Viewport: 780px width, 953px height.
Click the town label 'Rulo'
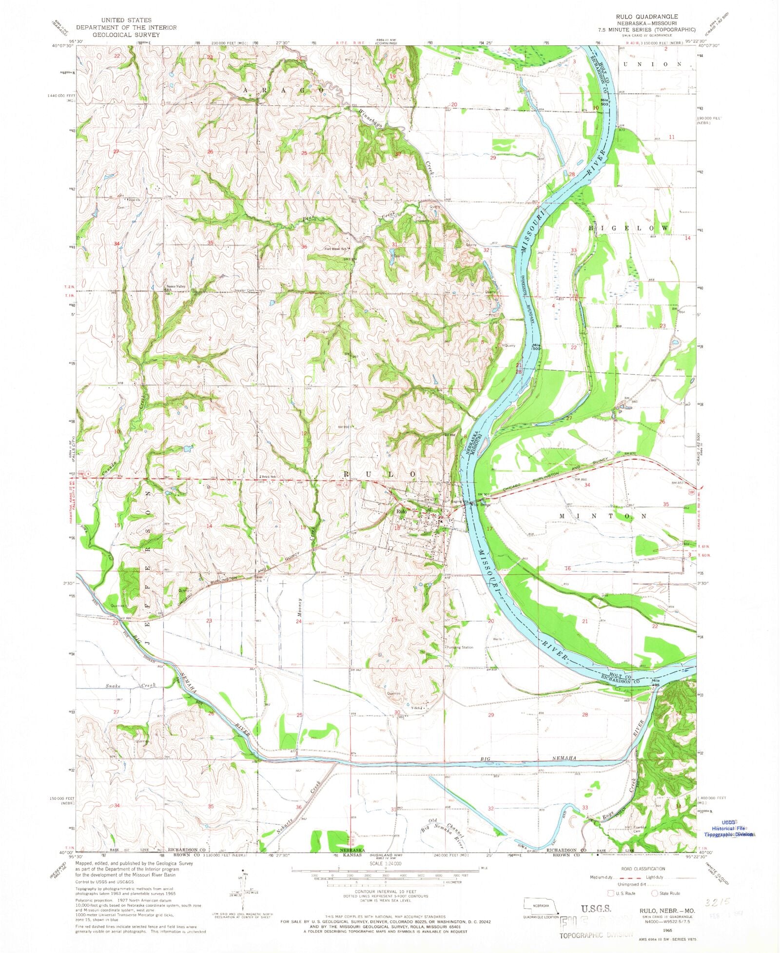[x=401, y=511]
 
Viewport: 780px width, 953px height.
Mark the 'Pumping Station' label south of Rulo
[x=459, y=647]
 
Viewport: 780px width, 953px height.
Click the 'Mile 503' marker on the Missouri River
[x=604, y=102]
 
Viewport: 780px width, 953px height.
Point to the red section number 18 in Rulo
[x=397, y=527]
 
